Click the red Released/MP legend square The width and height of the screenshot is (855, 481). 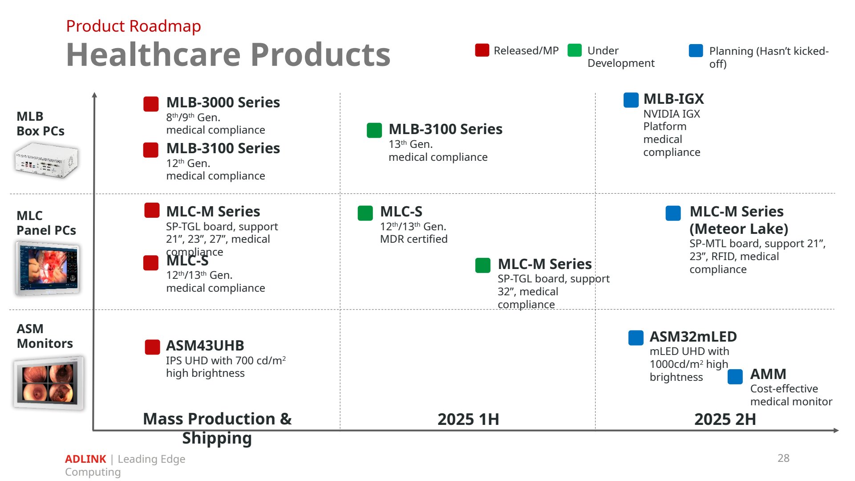482,50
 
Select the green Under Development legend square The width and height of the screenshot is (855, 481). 575,50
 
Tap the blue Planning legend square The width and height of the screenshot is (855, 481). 696,51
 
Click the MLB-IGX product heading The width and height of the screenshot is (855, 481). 673,99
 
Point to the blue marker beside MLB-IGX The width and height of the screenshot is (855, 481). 631,100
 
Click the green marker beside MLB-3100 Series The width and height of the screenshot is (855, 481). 374,130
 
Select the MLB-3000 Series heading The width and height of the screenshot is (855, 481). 223,102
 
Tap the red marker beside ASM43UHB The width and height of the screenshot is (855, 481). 152,347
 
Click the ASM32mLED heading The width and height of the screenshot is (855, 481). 693,337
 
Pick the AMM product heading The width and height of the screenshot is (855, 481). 768,374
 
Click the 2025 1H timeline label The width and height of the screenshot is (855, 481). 468,420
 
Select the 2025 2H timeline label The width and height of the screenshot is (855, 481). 725,420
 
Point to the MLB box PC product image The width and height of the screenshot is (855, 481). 47,160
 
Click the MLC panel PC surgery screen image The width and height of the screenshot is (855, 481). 48,269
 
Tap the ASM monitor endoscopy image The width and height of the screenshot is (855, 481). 48,383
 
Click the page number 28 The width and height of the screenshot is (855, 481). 783,458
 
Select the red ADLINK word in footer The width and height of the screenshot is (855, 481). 85,459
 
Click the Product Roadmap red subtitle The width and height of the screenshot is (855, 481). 134,26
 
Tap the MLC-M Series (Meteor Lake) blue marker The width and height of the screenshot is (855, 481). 673,213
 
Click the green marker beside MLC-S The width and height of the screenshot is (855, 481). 365,213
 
